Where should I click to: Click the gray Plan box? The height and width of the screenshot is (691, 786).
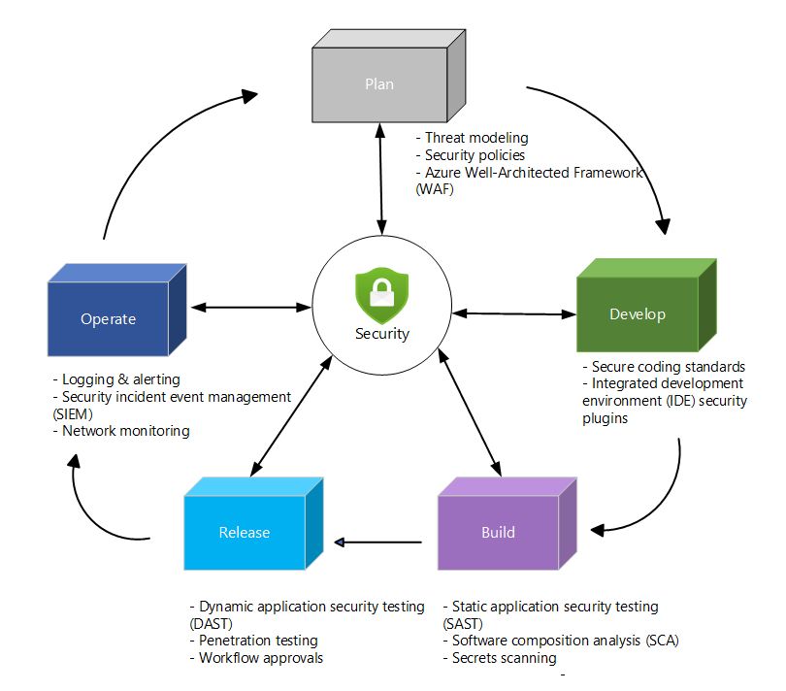pyautogui.click(x=379, y=84)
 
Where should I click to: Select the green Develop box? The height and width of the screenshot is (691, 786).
pyautogui.click(x=638, y=314)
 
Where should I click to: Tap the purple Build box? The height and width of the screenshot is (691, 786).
pyautogui.click(x=499, y=532)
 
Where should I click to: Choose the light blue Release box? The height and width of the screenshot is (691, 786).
pyautogui.click(x=245, y=532)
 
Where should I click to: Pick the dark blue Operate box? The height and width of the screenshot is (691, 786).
pyautogui.click(x=108, y=319)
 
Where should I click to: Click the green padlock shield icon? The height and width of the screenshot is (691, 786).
pyautogui.click(x=381, y=295)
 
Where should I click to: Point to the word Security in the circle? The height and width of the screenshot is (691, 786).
pyautogui.click(x=381, y=334)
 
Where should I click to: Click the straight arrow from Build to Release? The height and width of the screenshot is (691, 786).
pyautogui.click(x=378, y=541)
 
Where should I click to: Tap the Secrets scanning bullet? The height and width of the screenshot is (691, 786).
pyautogui.click(x=504, y=658)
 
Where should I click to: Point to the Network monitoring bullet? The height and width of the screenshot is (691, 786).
pyautogui.click(x=125, y=431)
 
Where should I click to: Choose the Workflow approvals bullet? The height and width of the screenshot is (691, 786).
pyautogui.click(x=260, y=658)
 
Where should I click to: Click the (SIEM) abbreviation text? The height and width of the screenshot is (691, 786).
pyautogui.click(x=75, y=413)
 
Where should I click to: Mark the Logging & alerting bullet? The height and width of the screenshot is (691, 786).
pyautogui.click(x=120, y=379)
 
